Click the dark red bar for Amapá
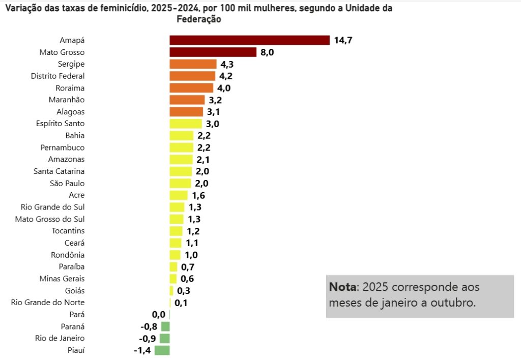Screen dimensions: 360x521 249,40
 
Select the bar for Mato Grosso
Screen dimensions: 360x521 213,52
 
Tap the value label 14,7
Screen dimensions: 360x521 343,41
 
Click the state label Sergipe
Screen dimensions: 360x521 71,64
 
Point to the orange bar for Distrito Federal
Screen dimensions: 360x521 193,76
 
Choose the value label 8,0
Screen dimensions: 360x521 267,52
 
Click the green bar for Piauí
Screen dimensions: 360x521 162,350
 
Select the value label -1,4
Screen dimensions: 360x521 141,350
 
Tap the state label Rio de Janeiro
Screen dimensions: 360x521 60,338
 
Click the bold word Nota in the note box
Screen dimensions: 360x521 343,287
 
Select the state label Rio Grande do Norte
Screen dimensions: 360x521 48,303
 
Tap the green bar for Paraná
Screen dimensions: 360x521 165,326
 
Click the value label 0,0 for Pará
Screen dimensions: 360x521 159,315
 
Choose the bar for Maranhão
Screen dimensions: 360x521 187,100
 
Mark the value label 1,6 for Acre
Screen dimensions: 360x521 198,195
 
